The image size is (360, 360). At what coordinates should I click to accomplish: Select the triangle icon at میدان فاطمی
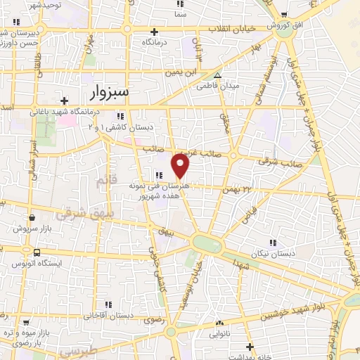tap(218, 75)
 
